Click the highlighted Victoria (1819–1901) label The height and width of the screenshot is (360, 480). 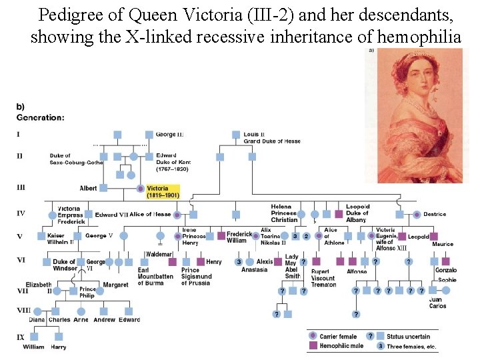pos(163,192)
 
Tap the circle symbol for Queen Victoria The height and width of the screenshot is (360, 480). pos(141,189)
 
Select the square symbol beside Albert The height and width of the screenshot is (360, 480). pos(103,189)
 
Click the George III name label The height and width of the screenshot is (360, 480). pos(169,135)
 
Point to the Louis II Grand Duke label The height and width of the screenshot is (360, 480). pos(271,138)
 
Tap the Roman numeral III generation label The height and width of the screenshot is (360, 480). pos(21,188)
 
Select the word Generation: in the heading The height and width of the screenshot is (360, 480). pos(41,118)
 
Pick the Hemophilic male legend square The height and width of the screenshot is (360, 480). pos(313,346)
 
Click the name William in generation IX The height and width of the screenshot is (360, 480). pos(33,347)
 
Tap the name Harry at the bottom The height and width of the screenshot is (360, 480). pos(59,347)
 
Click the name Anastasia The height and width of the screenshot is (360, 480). pos(254,270)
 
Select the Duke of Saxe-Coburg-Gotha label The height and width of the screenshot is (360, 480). pos(76,159)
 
